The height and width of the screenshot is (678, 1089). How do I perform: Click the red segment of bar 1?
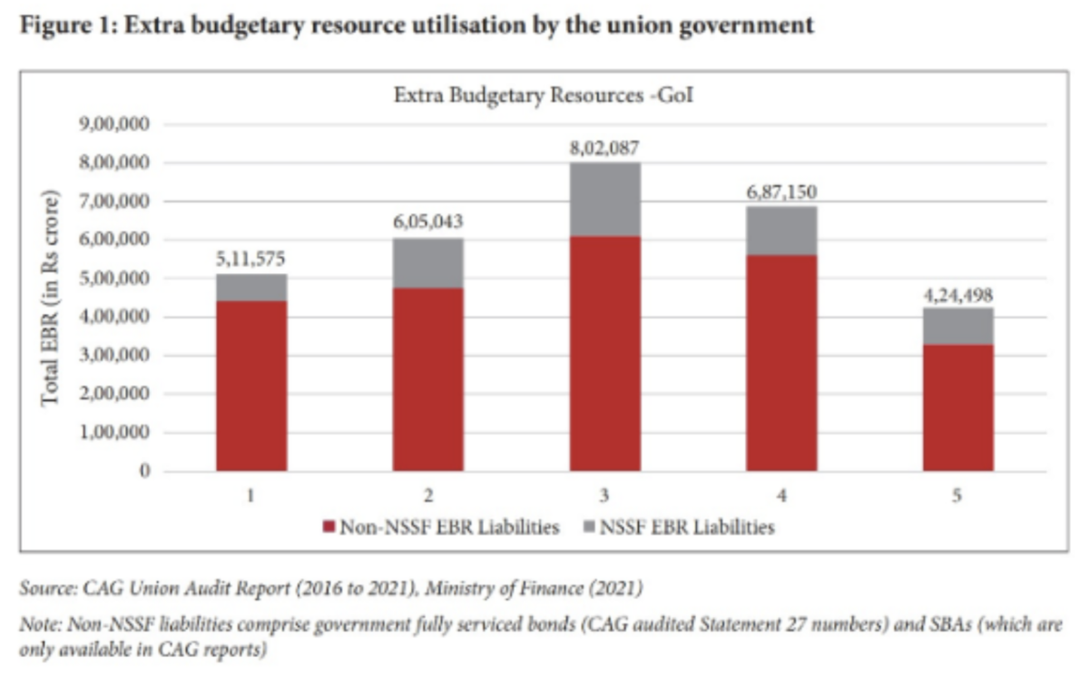[251, 386]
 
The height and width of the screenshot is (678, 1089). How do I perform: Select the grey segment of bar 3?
[604, 199]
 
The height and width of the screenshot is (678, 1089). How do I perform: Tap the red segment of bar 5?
[957, 408]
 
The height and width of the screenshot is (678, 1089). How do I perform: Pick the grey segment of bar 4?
[781, 231]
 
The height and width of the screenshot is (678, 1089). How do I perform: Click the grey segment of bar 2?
[427, 263]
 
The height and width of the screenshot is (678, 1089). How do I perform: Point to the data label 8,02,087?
[604, 146]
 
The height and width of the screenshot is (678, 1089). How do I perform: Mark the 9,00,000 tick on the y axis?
[115, 124]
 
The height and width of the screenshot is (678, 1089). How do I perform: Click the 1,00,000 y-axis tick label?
[115, 433]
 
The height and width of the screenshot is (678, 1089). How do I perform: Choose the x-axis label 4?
[781, 496]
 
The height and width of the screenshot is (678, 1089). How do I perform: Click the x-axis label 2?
[427, 496]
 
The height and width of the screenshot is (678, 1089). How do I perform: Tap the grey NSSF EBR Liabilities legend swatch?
[588, 527]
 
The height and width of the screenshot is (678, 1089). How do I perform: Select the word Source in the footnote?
[45, 589]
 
